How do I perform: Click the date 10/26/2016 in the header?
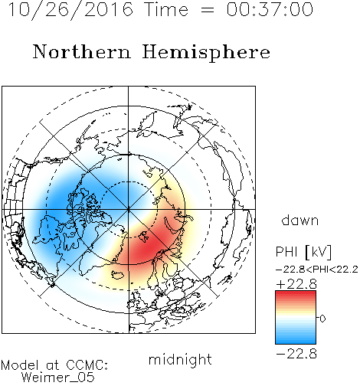point(70,10)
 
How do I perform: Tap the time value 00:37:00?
point(270,9)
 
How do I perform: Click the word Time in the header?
point(166,9)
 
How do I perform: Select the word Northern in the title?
point(81,51)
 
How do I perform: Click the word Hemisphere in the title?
point(206,53)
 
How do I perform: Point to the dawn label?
point(300,220)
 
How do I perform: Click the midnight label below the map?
point(180,359)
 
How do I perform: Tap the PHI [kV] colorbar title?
point(303,252)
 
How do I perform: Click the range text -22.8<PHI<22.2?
point(317,270)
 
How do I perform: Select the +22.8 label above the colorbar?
point(296,284)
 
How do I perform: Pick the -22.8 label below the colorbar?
point(296,354)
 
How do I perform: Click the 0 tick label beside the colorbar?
point(322,319)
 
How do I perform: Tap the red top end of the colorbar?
point(296,293)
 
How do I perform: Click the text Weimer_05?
point(58,378)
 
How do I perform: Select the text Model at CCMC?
point(54,365)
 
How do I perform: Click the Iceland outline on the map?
point(118,275)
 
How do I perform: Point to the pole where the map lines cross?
point(128,210)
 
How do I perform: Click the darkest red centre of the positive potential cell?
point(149,247)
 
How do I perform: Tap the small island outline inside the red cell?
point(144,237)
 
